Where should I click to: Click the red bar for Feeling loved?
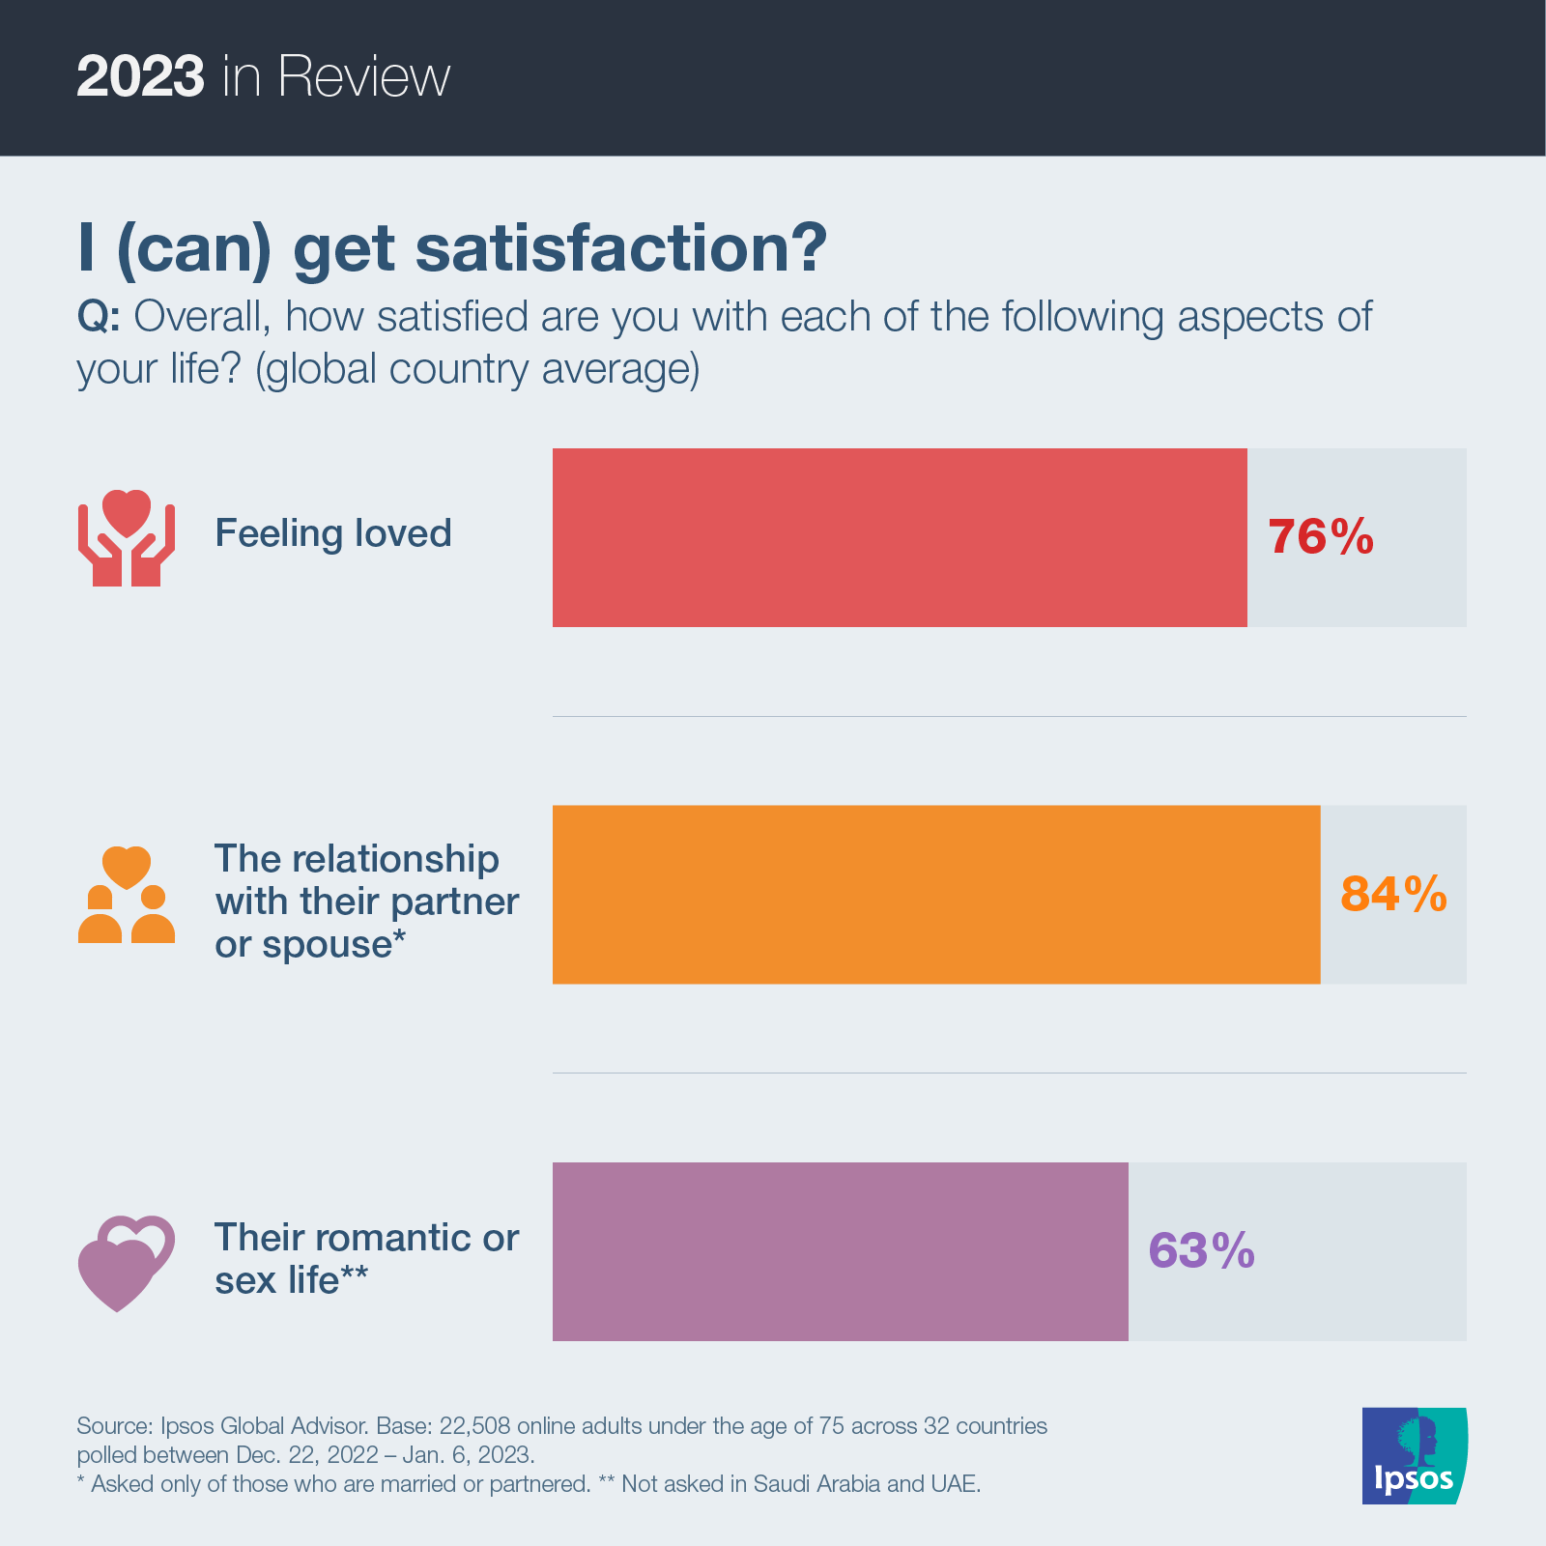(899, 537)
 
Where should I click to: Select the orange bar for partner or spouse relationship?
(935, 895)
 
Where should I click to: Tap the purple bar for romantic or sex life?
(840, 1251)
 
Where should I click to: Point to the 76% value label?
(1320, 537)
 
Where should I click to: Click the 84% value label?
(1393, 895)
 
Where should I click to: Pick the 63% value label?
(1201, 1251)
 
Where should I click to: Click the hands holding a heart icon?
(127, 537)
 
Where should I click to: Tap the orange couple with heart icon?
(127, 895)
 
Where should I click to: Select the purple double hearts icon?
(126, 1262)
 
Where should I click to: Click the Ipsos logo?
(1414, 1455)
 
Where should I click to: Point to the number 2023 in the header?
(140, 76)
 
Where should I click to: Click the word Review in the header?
(364, 76)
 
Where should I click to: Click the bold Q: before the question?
(99, 317)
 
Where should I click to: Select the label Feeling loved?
(333, 533)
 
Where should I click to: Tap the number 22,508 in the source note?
(474, 1426)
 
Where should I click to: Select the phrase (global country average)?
(477, 369)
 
